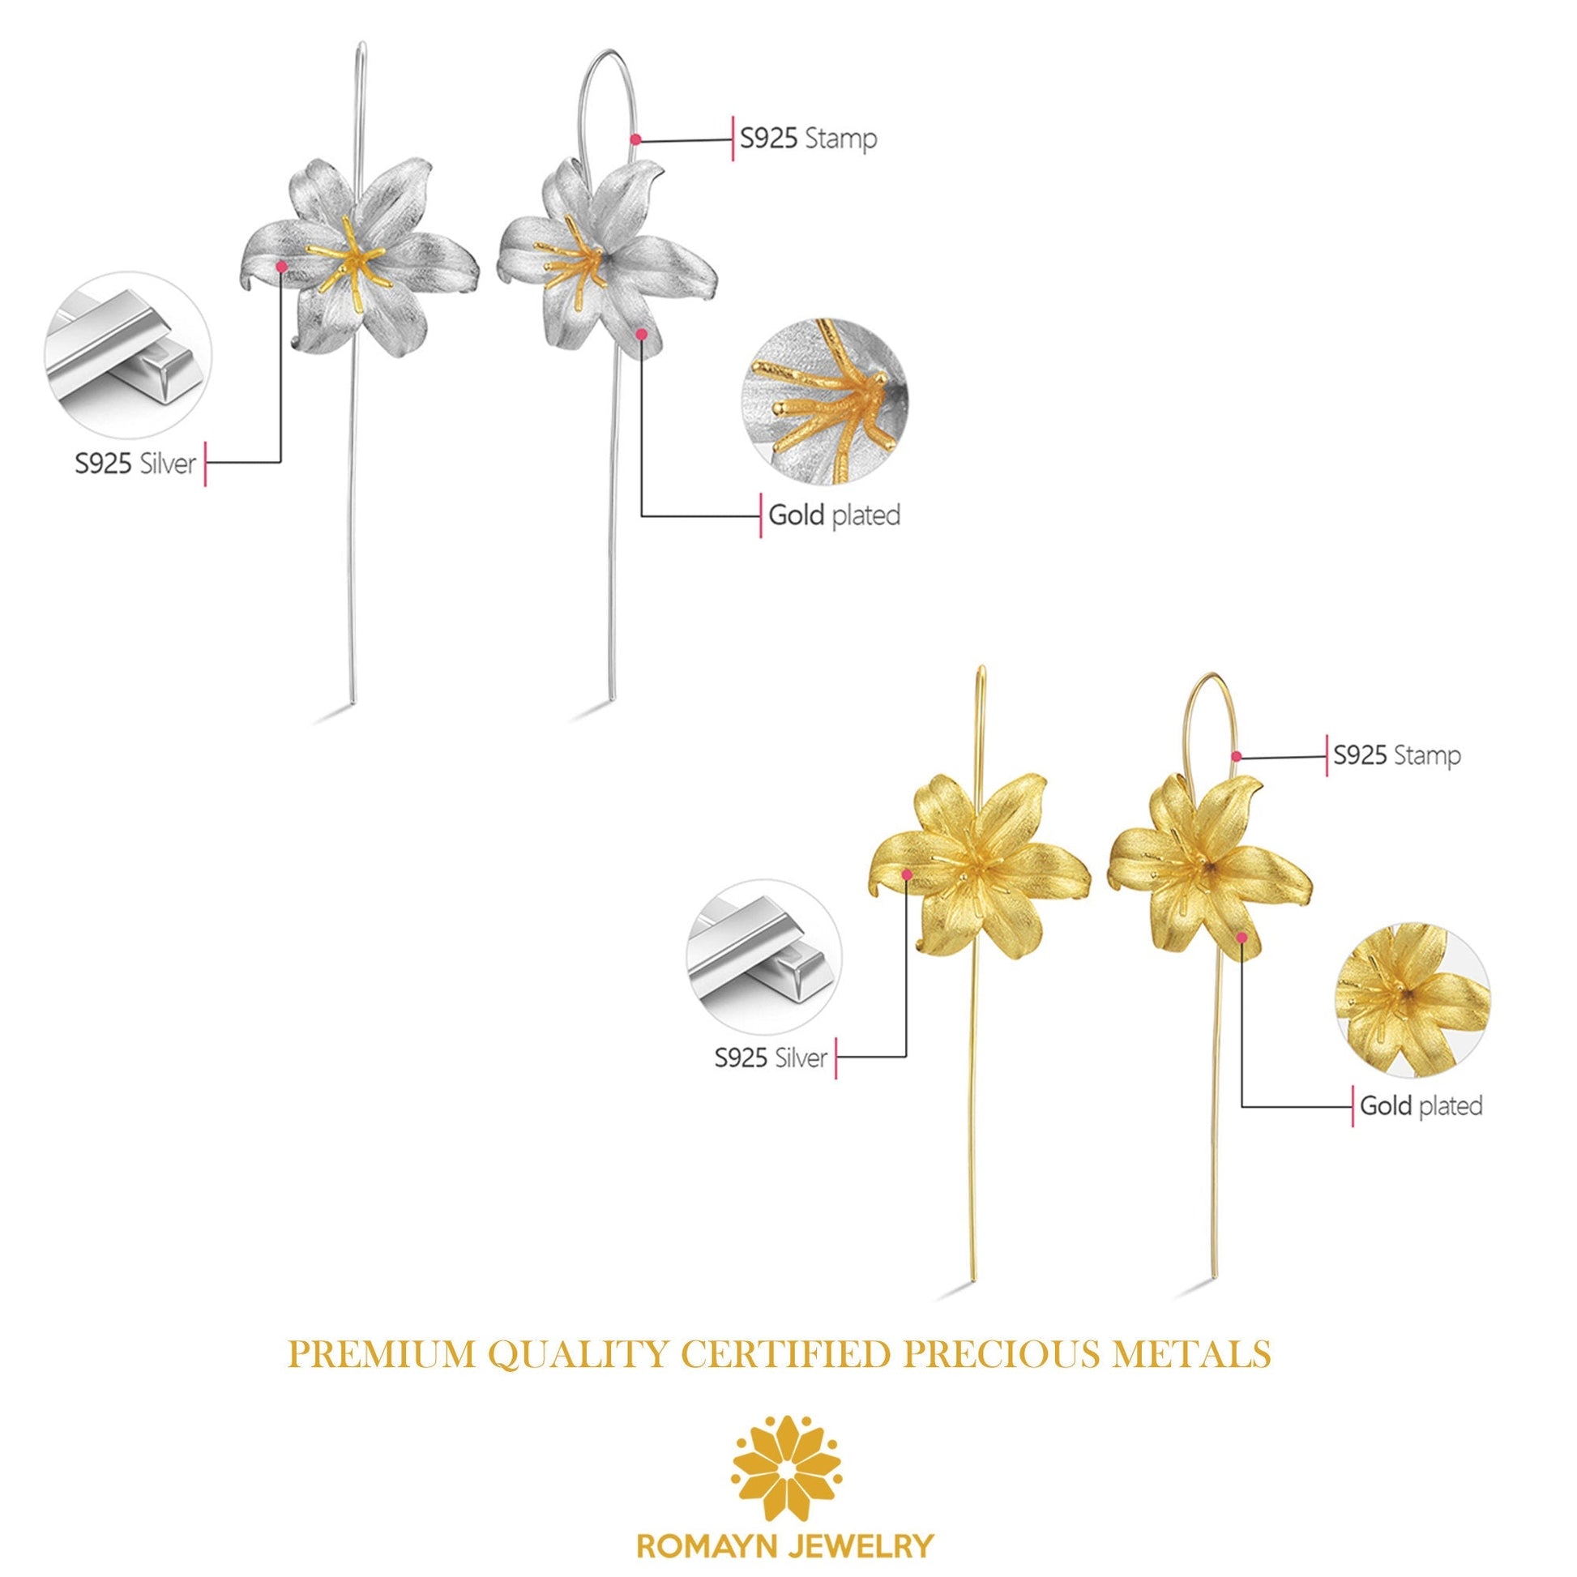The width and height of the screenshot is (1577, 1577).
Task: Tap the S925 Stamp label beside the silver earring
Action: (808, 139)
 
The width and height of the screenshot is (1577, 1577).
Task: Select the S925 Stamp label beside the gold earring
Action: (1396, 755)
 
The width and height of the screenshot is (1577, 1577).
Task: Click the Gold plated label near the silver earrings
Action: (834, 516)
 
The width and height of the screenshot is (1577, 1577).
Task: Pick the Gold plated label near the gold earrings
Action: (1421, 1106)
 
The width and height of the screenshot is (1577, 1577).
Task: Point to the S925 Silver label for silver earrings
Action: (135, 464)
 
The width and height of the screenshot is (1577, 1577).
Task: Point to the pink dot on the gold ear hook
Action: (1237, 756)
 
